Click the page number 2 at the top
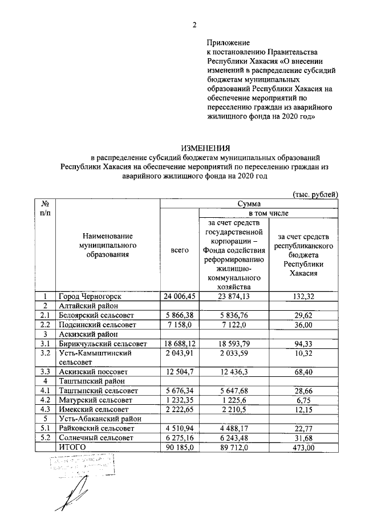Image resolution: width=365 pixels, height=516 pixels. (x=194, y=25)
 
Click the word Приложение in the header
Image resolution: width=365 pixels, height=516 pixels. (x=229, y=43)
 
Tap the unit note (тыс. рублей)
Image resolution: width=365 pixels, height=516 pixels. (x=315, y=194)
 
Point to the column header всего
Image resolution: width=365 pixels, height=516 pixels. (x=180, y=250)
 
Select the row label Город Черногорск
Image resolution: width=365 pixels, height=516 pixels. (x=90, y=296)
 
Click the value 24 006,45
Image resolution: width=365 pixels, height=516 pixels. (x=180, y=296)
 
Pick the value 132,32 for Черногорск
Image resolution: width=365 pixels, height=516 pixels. (x=304, y=296)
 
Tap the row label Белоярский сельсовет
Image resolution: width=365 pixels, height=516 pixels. (x=98, y=315)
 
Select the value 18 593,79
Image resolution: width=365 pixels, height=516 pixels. (x=234, y=344)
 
